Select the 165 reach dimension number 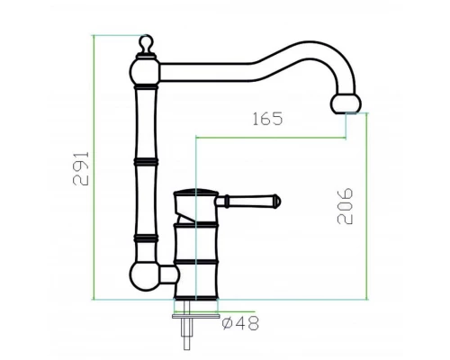point(267,119)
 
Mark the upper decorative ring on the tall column point(145,162)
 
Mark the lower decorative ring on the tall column point(145,238)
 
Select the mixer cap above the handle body point(193,196)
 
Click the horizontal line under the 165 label point(270,137)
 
